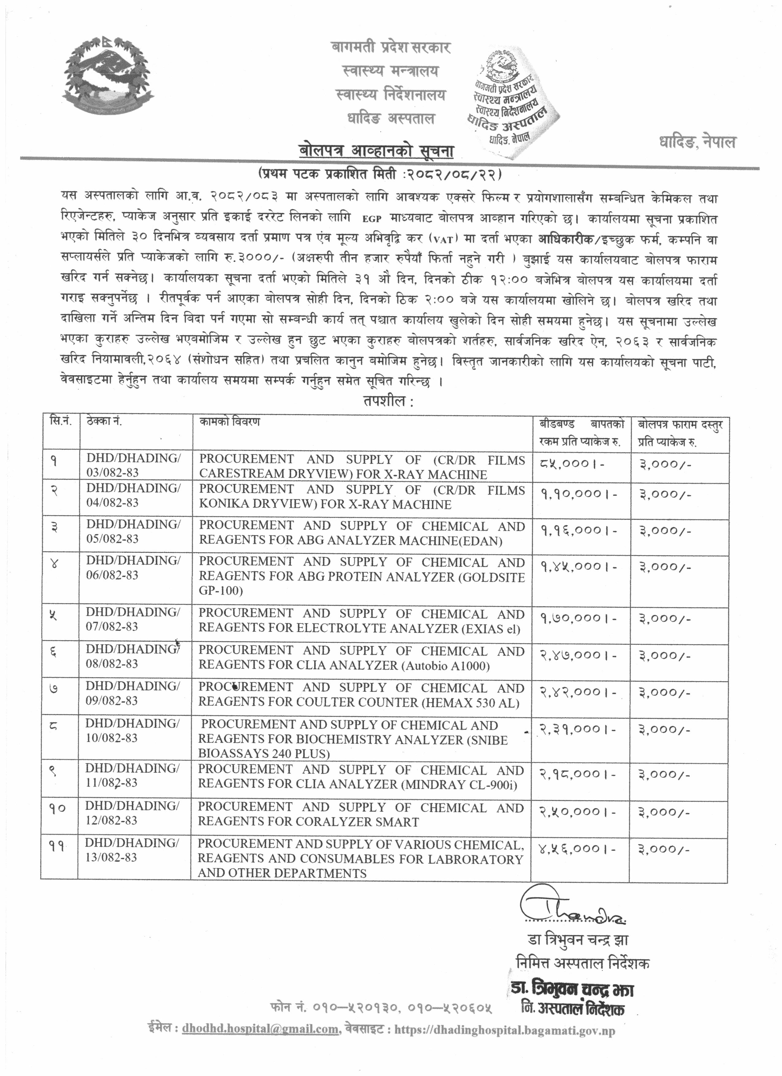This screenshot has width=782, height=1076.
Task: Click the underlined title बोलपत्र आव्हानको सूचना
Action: (377, 151)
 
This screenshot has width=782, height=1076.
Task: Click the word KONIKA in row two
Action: (223, 504)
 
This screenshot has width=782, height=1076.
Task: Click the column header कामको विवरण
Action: (229, 422)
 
